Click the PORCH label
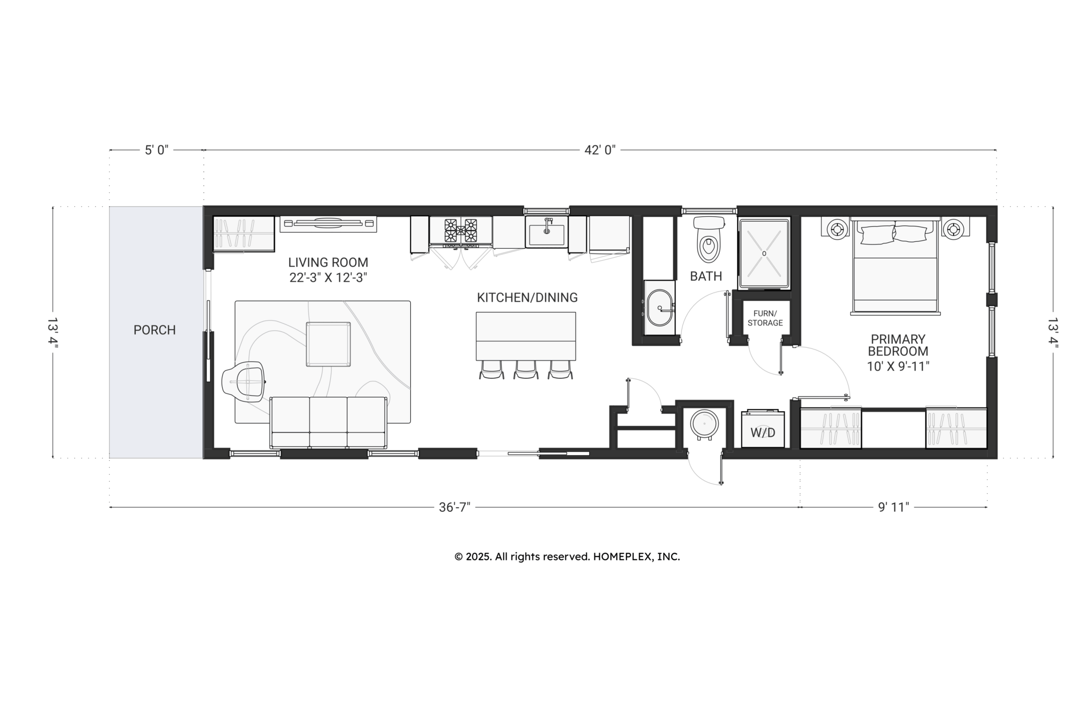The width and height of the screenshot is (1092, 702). (x=154, y=330)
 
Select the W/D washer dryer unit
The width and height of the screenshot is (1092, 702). (x=763, y=429)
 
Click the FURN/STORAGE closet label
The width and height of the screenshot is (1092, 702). (x=765, y=318)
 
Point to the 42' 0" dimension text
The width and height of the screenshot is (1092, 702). (x=600, y=150)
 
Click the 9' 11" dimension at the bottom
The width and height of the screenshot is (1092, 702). (x=893, y=508)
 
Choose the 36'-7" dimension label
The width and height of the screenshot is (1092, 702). (x=454, y=508)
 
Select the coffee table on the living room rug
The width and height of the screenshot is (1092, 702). (x=328, y=344)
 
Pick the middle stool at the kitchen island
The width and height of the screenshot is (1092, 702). (x=526, y=370)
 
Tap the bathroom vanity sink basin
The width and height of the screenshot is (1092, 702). (x=659, y=308)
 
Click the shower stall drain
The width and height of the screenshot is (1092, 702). (x=764, y=254)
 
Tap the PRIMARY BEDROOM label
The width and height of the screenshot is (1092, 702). (x=898, y=345)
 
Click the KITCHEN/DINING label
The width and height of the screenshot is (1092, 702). (x=527, y=298)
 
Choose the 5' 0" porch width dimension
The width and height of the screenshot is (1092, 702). (x=157, y=150)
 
